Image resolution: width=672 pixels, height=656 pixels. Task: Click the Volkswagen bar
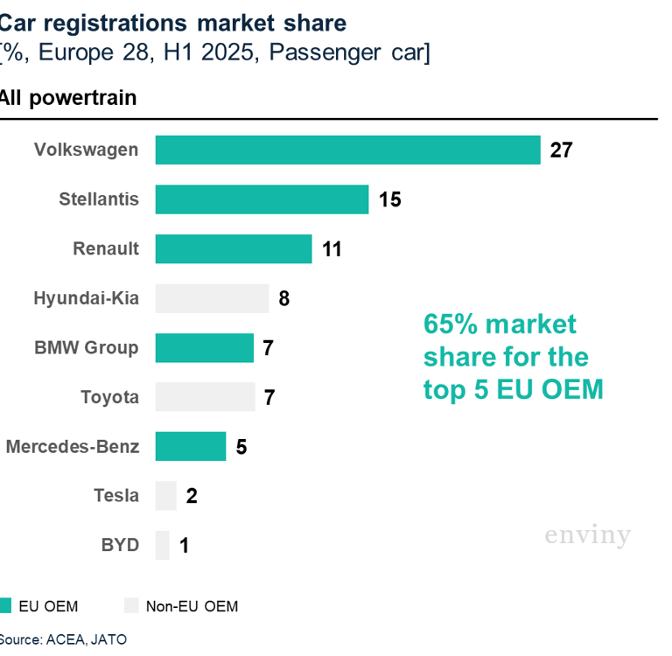coord(347,150)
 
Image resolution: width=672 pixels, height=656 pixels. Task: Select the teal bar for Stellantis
coord(262,199)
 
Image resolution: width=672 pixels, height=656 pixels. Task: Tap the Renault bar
coord(234,248)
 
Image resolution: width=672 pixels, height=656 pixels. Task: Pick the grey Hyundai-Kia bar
coord(212,298)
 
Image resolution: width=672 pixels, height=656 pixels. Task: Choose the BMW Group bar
coord(204,348)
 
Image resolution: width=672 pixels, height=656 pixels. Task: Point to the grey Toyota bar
coord(205,397)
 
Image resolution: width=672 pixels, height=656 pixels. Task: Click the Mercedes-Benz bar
coord(190,446)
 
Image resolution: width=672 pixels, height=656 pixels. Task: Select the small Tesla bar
coord(165,496)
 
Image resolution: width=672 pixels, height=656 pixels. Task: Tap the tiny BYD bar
coord(162,545)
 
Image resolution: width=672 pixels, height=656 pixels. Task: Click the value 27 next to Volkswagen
coord(561,150)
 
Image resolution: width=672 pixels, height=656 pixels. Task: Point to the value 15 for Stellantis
coord(390,199)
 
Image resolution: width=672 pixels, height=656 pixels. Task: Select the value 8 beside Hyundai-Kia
coord(283,298)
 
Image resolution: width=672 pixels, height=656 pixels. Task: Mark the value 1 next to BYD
coord(184,546)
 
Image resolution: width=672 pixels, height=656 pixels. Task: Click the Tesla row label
coord(115,496)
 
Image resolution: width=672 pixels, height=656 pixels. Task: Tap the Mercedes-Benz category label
coord(72,446)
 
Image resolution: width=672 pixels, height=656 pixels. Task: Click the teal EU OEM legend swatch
coord(5,605)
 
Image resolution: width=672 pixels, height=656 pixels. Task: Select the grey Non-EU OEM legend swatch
coord(131,605)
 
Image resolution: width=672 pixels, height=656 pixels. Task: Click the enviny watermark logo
coord(587,534)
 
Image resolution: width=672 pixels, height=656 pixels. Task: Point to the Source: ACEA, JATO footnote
coord(62,639)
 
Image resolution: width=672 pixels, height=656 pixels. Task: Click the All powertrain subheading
coord(67,97)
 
